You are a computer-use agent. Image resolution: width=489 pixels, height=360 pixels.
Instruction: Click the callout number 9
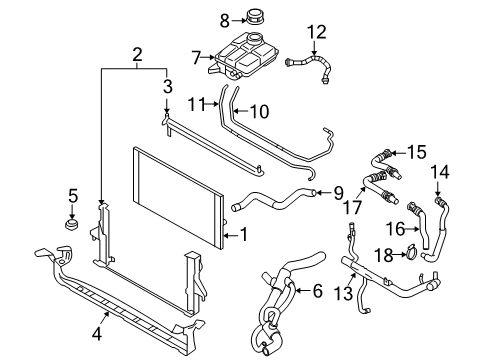pyautogui.click(x=338, y=192)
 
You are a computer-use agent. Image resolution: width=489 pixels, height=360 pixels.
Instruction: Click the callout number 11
pyautogui.click(x=196, y=102)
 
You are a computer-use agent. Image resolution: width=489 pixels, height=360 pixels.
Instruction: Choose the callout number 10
pyautogui.click(x=258, y=111)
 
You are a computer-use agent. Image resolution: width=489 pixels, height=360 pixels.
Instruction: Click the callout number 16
pyautogui.click(x=394, y=228)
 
